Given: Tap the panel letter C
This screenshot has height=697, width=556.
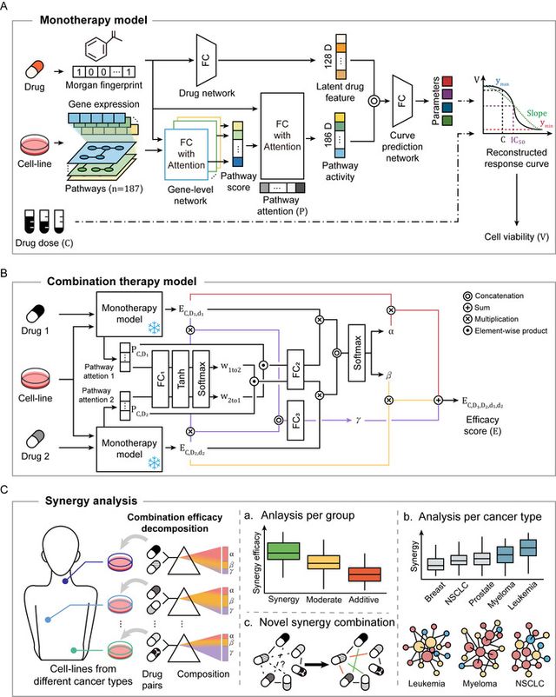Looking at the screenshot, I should [7, 491].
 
